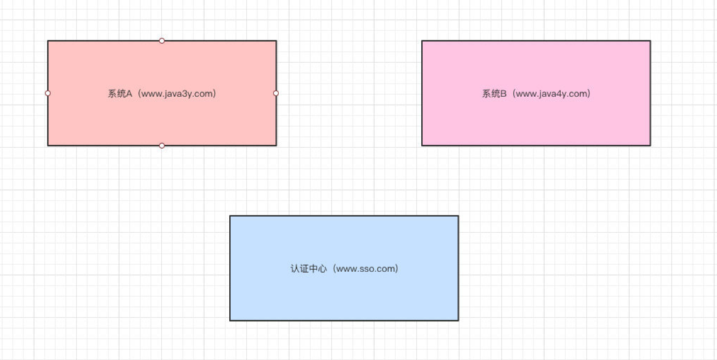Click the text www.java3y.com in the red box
coord(176,94)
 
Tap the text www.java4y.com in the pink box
coord(550,94)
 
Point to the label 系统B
coord(495,94)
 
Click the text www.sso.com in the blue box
coord(364,269)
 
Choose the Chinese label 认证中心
coord(309,269)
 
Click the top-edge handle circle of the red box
coord(162,40)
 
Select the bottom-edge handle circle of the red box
coord(162,145)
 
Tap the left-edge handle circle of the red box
coord(47,94)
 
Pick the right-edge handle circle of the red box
coord(276,94)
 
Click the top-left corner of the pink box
coord(422,40)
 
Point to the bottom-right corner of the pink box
coord(650,145)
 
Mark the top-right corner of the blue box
coord(458,216)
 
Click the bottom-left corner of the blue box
coord(230,320)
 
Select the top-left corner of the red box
coord(47,40)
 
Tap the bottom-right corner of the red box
coord(276,145)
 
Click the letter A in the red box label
coord(129,94)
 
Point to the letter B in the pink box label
coord(504,94)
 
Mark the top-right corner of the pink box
coord(650,40)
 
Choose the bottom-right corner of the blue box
coord(458,320)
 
